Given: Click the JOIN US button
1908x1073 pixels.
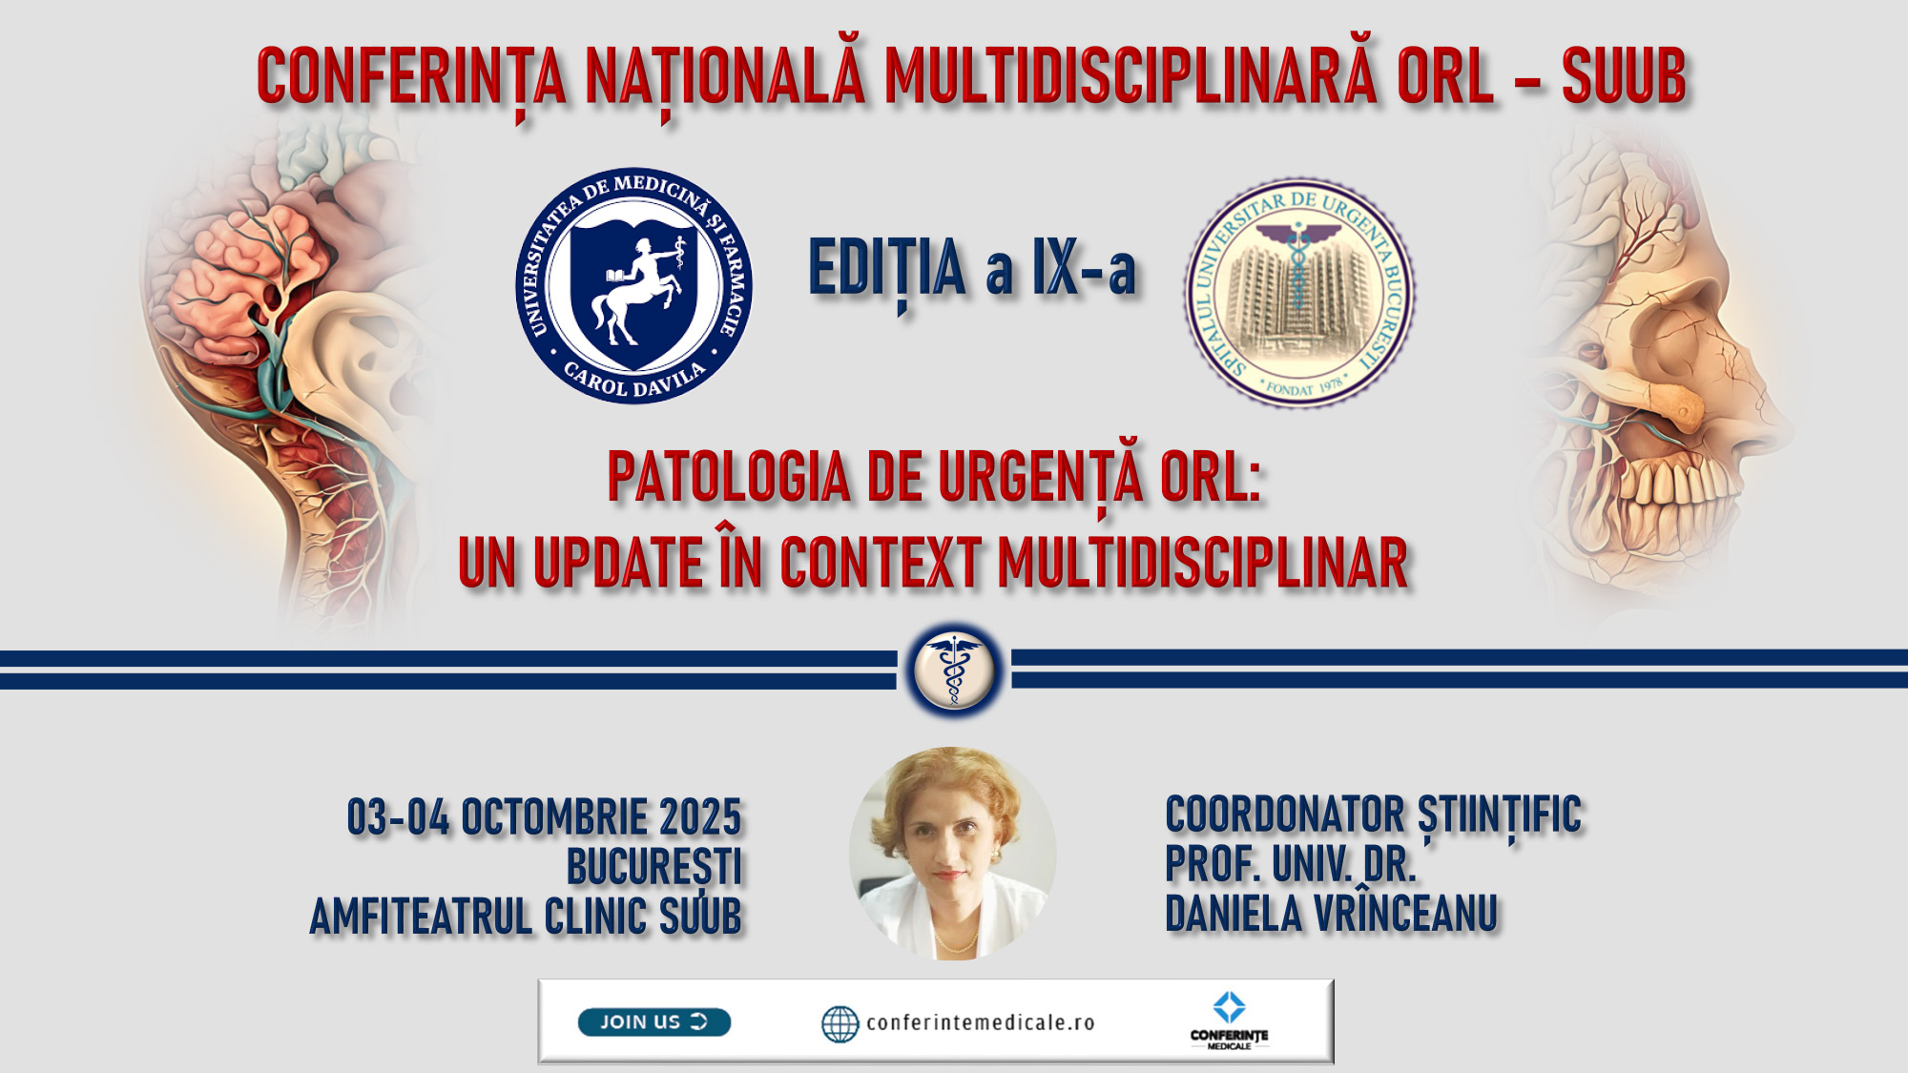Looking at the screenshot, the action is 654,1021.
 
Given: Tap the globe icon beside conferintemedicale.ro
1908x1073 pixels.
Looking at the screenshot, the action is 840,1023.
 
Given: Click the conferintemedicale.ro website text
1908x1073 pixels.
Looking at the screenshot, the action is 981,1022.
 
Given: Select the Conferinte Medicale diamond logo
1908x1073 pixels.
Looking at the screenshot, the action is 1229,1007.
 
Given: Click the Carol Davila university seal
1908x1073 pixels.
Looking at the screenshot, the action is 634,285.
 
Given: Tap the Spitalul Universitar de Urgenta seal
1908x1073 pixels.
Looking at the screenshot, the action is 1299,293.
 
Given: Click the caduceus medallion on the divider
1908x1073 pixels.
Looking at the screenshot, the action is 954,671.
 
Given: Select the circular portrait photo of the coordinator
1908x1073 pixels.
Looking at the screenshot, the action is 953,854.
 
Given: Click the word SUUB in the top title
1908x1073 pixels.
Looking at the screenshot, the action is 1624,76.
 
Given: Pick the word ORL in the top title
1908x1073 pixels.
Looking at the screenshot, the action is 1445,76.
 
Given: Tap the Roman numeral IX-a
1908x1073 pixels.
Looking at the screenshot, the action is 1085,269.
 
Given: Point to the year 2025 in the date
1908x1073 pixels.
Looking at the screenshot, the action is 700,817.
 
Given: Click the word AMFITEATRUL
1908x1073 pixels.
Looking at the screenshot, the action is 421,917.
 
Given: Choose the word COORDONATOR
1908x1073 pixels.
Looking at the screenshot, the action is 1285,815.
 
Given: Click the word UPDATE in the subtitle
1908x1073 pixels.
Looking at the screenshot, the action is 618,563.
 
